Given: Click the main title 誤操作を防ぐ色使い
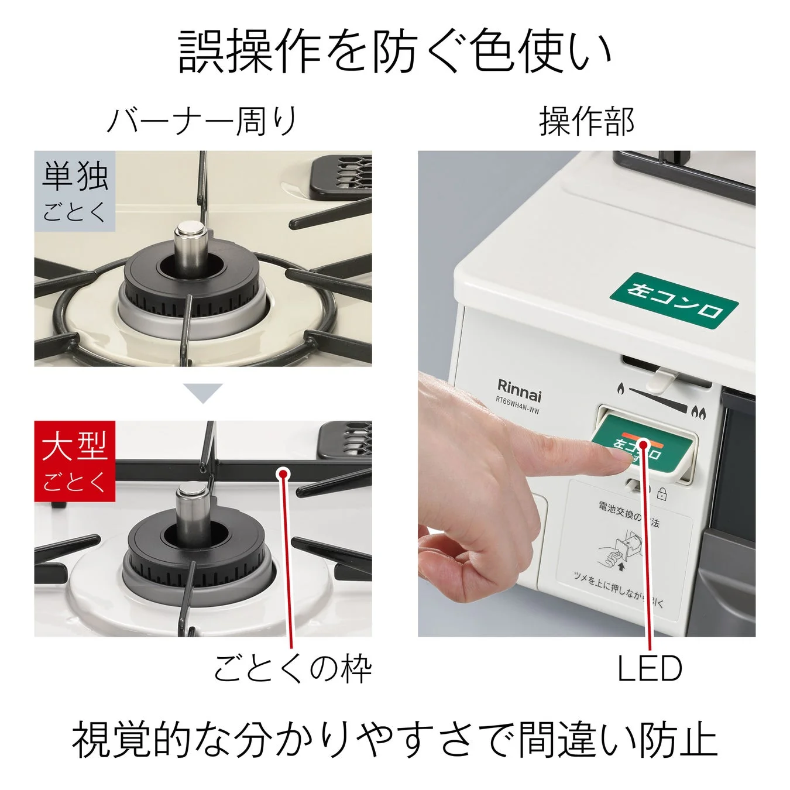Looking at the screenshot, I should pyautogui.click(x=395, y=51).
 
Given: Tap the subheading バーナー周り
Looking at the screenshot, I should pyautogui.click(x=202, y=121).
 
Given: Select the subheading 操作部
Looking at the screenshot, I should pyautogui.click(x=586, y=121).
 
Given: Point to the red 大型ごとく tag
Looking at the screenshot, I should pyautogui.click(x=74, y=461).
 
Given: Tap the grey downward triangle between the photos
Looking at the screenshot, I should pyautogui.click(x=202, y=392).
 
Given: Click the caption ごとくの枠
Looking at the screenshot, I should pyautogui.click(x=293, y=668).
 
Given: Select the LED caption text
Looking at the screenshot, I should pyautogui.click(x=650, y=668).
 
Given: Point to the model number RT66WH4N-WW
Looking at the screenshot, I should pyautogui.click(x=517, y=405).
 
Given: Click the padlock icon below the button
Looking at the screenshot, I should pyautogui.click(x=662, y=494).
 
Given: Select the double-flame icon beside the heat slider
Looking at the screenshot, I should pyautogui.click(x=699, y=413).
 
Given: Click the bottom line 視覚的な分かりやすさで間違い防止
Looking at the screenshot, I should pyautogui.click(x=395, y=739).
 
